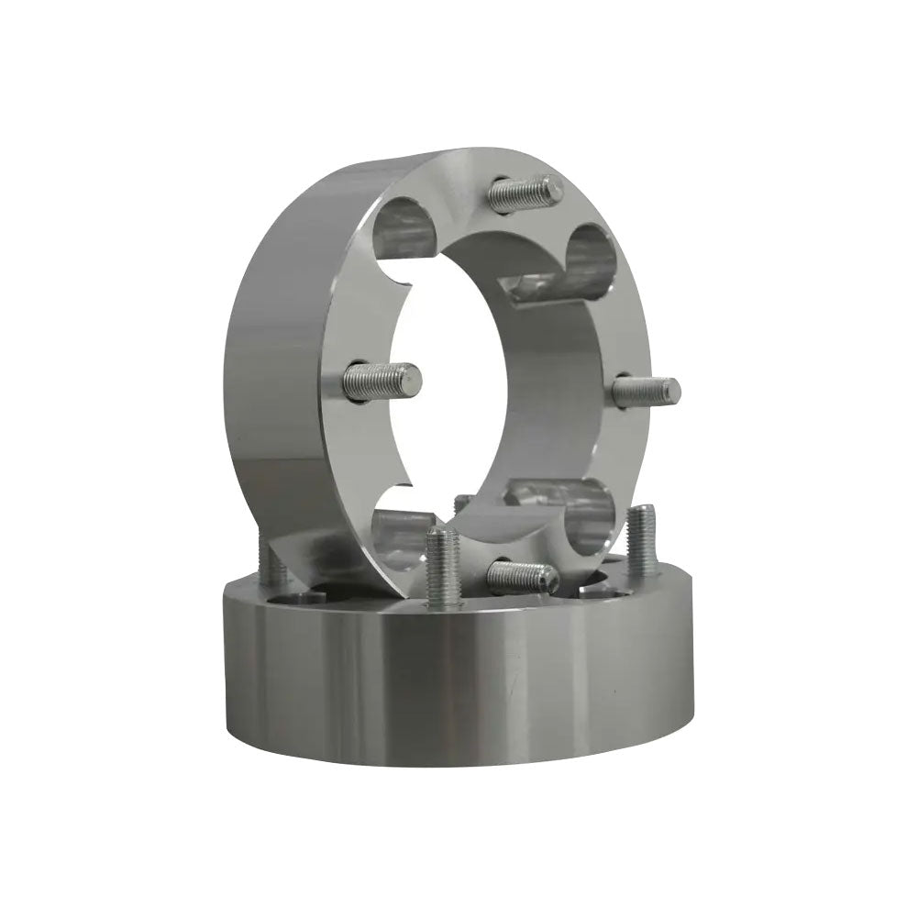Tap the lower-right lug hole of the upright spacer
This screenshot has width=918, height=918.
pyautogui.click(x=587, y=510)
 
